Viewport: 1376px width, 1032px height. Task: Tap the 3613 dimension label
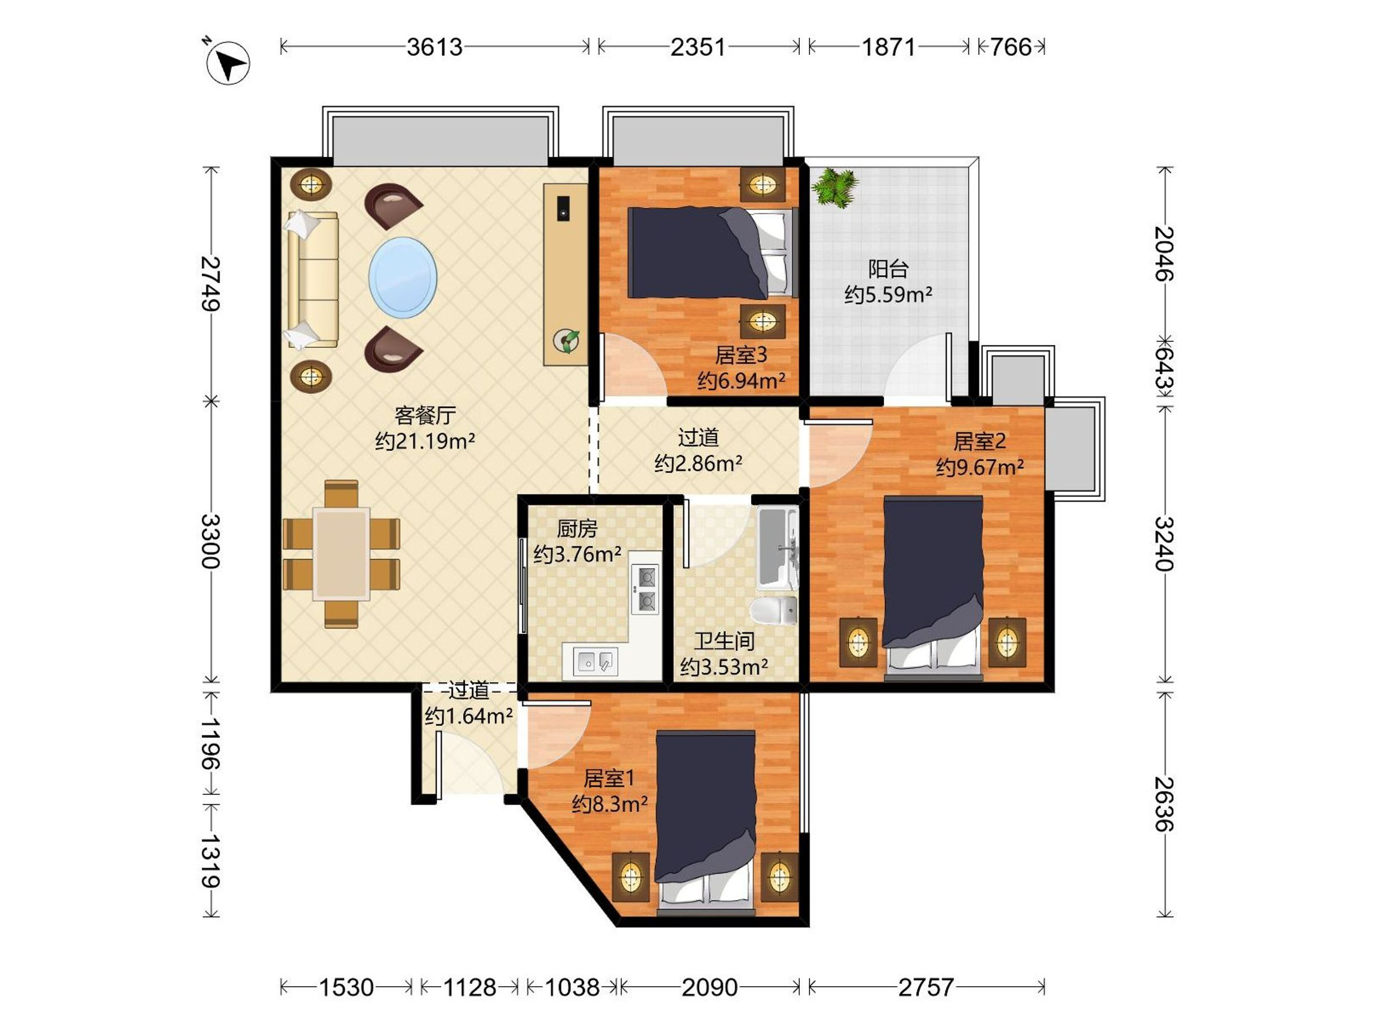point(434,47)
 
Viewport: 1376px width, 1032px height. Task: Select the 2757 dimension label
point(925,987)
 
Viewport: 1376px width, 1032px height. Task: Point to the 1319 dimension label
point(210,861)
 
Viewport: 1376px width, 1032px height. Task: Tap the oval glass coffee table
point(402,277)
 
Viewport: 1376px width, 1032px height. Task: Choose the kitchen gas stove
point(645,588)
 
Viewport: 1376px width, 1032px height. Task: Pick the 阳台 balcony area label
point(888,269)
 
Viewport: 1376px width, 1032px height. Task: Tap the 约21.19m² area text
point(425,441)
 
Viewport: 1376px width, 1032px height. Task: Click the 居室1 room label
point(608,778)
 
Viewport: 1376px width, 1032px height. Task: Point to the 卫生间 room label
point(724,641)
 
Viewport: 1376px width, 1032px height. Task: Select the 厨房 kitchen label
point(577,529)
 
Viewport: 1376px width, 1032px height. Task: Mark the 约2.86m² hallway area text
point(698,463)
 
